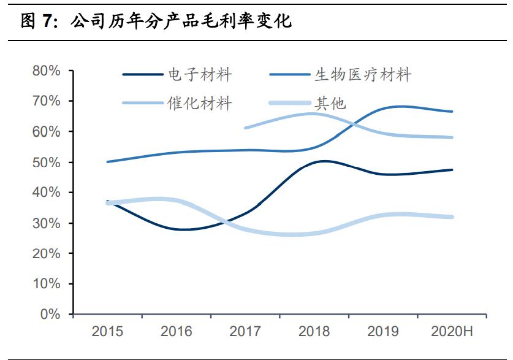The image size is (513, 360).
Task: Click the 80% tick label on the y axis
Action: click(47, 71)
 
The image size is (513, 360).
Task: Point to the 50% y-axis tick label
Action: click(47, 163)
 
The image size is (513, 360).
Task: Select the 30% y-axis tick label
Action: click(47, 223)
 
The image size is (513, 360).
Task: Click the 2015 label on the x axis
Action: click(107, 332)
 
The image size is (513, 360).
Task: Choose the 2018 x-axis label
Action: click(314, 332)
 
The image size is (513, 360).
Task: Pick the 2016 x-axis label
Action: click(177, 332)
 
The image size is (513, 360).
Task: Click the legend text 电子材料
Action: click(200, 75)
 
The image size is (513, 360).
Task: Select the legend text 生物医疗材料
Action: click(363, 75)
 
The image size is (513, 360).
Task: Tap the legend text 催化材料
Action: click(200, 103)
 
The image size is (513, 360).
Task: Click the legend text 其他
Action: click(330, 103)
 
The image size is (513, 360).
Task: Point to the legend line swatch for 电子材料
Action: click(143, 75)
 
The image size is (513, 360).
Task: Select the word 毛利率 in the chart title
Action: click(226, 22)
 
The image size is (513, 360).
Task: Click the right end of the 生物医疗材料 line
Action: click(452, 112)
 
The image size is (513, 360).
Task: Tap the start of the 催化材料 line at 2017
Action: click(245, 128)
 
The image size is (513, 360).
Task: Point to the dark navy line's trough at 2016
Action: click(184, 230)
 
